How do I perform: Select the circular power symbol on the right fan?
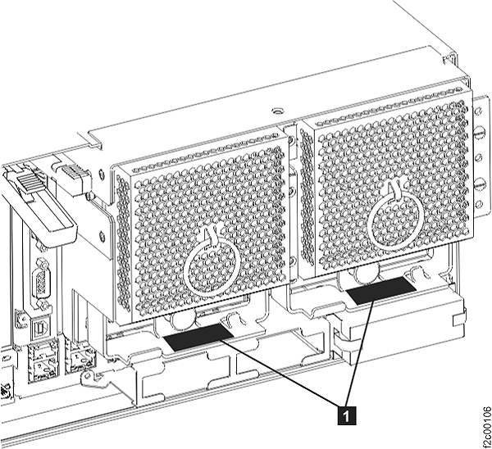click(395, 219)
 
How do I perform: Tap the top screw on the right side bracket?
click(480, 130)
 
